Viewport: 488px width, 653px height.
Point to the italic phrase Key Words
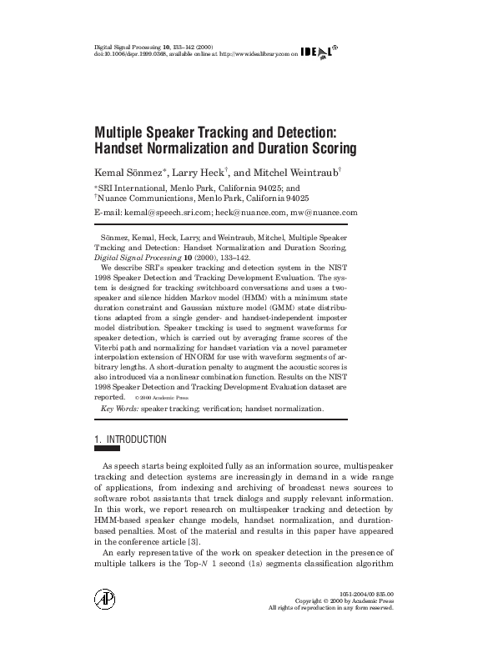[118, 409]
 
